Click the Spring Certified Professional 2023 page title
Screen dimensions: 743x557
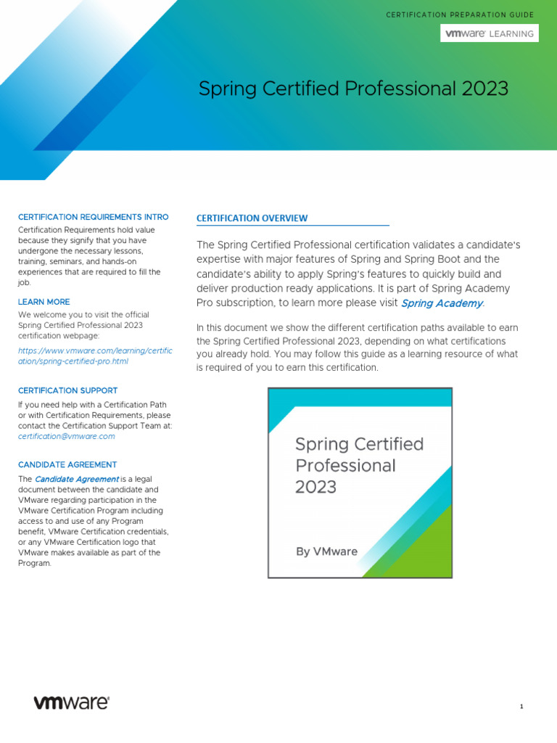pos(353,89)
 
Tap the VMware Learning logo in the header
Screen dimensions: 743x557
pos(490,33)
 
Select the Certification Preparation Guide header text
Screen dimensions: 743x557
pos(460,15)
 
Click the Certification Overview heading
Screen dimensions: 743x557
pos(252,218)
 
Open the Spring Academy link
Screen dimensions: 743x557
pos(442,303)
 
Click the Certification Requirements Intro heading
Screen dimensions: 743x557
pos(93,217)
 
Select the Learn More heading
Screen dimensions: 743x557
pos(44,302)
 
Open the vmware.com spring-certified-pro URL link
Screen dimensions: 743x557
pos(95,356)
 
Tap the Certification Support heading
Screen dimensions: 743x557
pos(67,390)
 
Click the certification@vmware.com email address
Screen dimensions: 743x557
pos(67,437)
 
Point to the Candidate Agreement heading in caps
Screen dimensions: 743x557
pos(67,464)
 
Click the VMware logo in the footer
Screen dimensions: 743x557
pos(72,702)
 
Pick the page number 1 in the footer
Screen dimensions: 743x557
pos(521,707)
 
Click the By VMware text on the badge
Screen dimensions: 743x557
pos(326,551)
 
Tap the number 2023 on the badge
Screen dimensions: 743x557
pos(315,487)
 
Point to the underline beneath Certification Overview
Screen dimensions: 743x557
pos(293,226)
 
